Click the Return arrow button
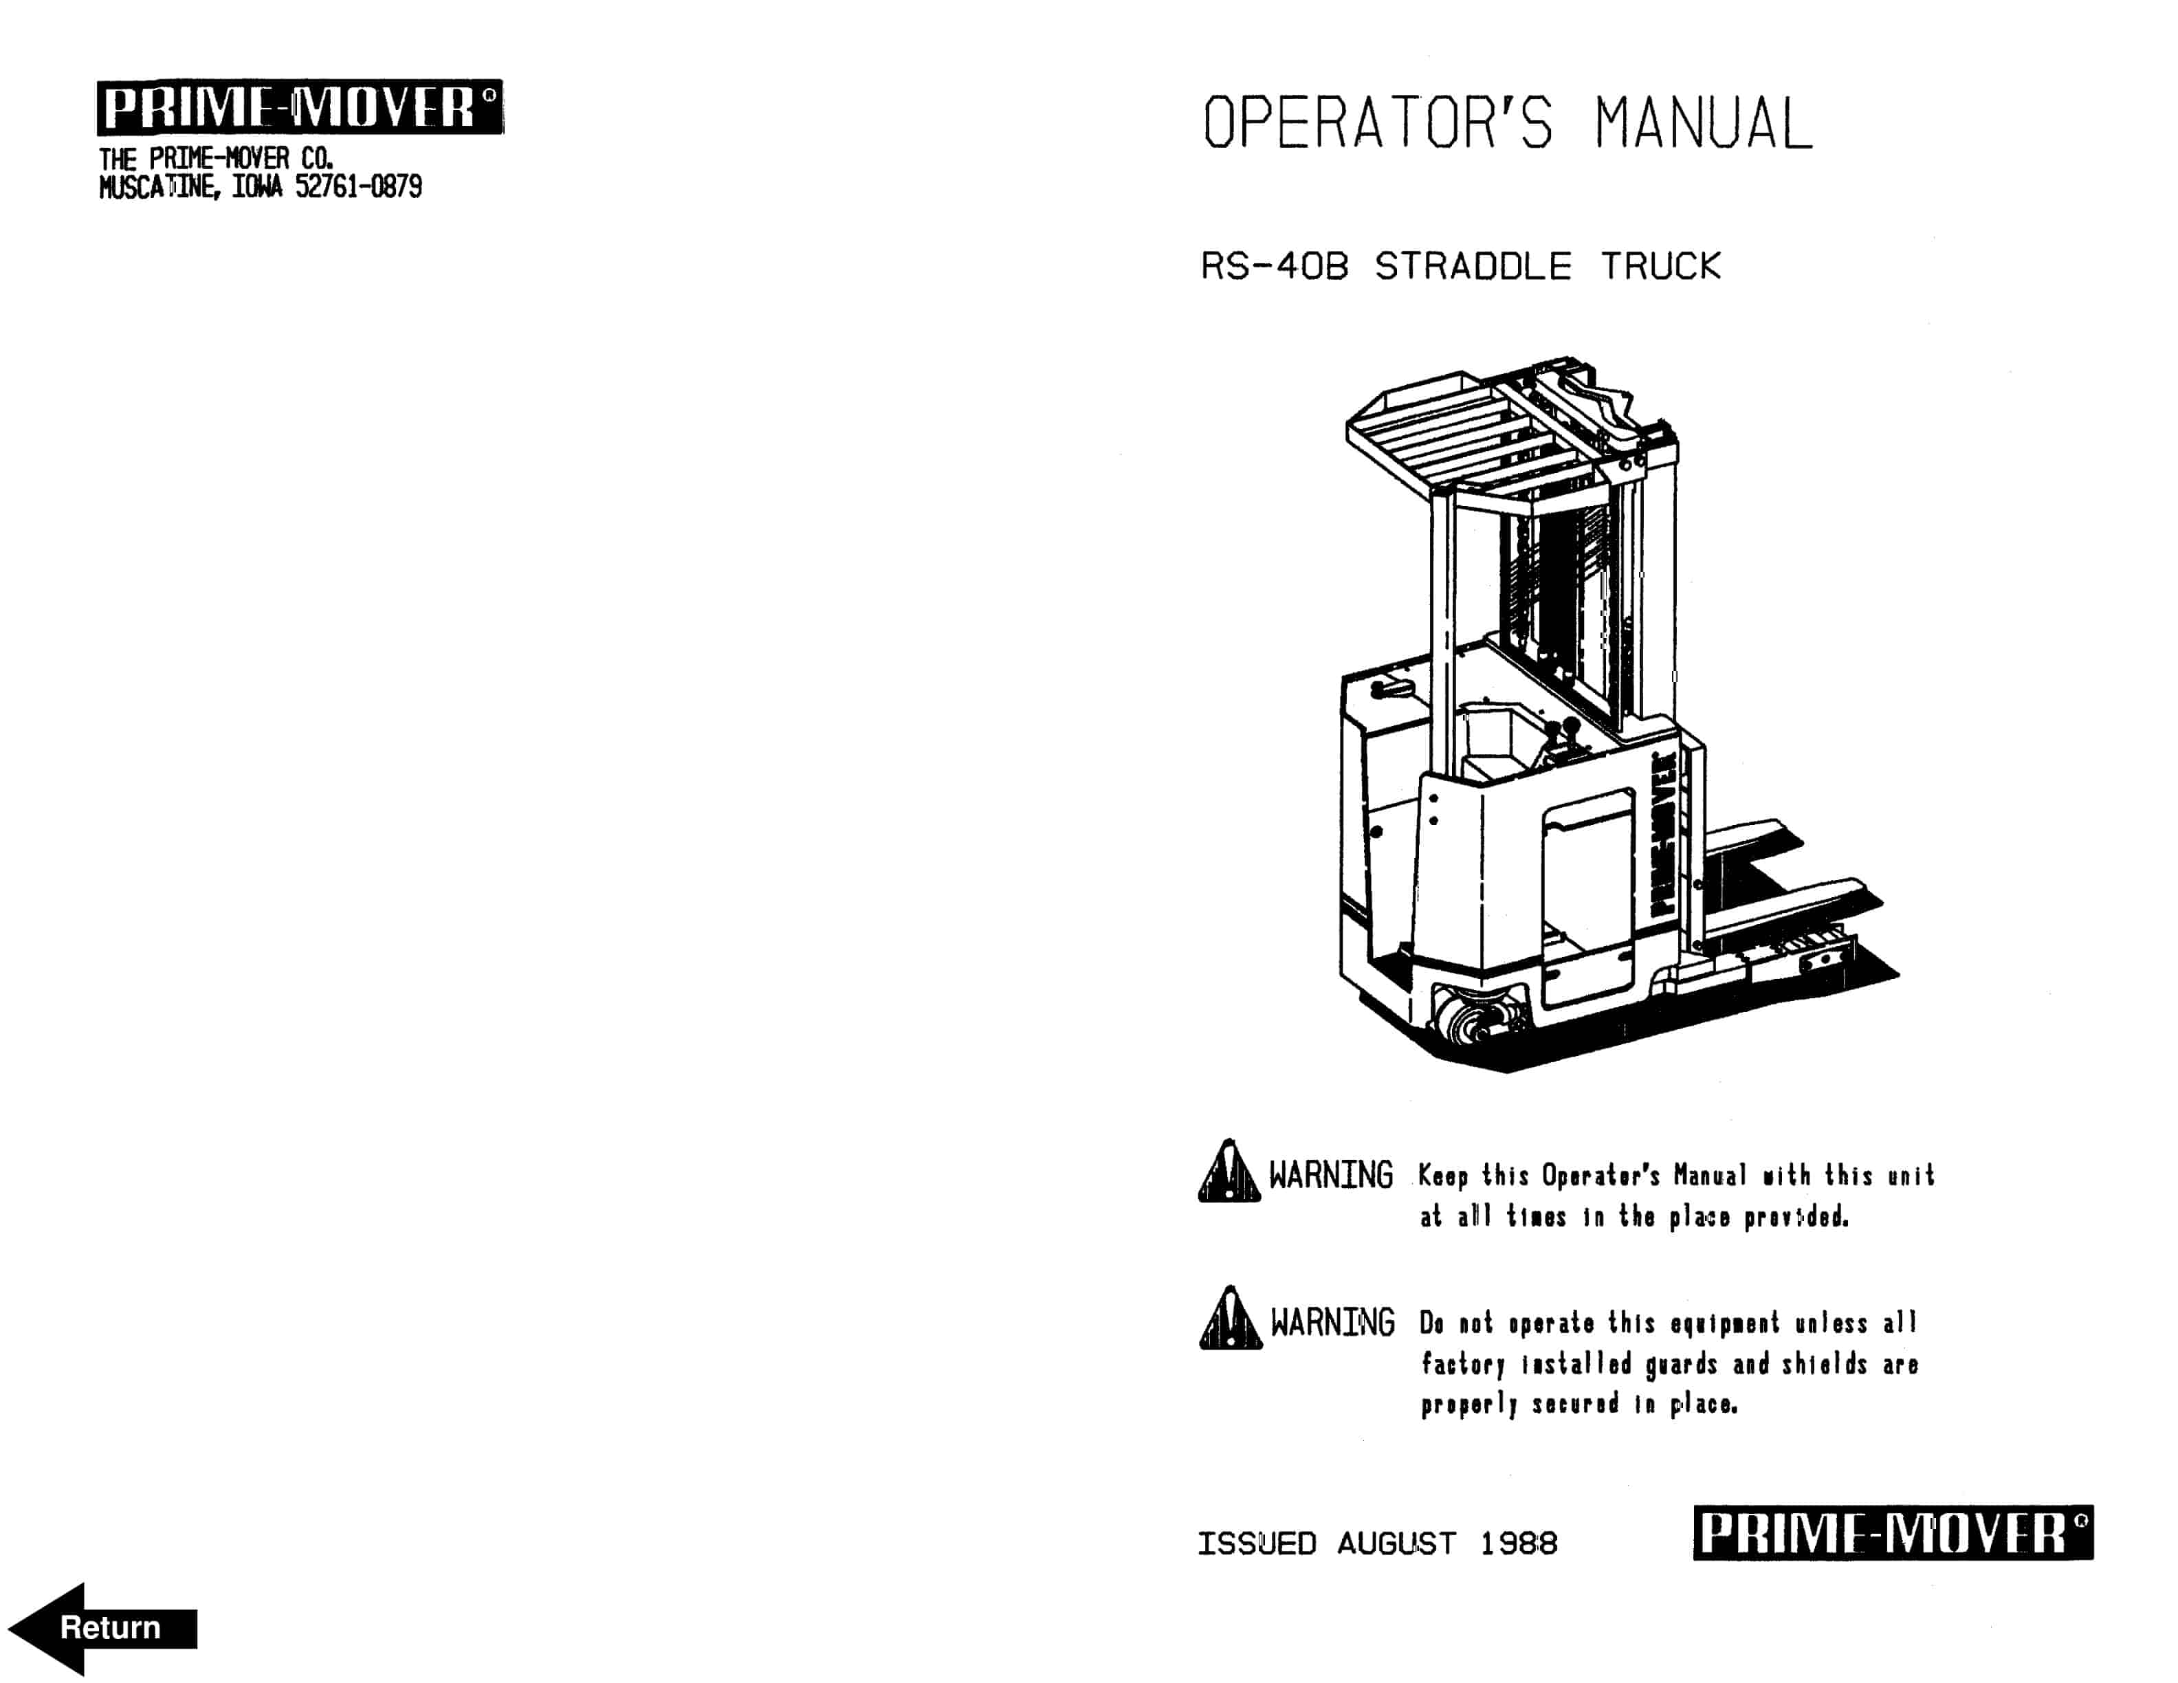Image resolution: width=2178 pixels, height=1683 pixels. coord(102,1627)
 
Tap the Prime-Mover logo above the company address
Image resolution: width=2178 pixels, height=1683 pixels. coord(299,107)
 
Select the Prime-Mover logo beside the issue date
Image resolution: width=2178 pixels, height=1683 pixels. coord(1892,1532)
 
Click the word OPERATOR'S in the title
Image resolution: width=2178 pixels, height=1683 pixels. coord(1376,124)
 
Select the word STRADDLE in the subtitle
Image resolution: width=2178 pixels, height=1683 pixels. coord(1472,266)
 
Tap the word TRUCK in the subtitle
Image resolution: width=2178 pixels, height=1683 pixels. coord(1660,266)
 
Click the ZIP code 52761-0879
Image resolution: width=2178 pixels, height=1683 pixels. coord(358,186)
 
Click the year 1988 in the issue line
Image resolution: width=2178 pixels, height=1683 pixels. coord(1518,1543)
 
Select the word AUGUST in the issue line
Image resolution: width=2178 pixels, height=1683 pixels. coord(1396,1543)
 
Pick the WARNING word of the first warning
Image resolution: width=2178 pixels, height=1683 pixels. coord(1330,1176)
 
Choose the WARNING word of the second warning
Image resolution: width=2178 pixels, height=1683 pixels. coord(1331,1323)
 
